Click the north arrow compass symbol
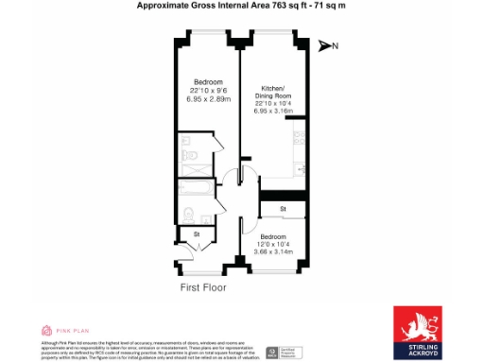click(x=326, y=45)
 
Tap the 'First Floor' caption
click(x=205, y=285)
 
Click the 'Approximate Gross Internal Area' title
click(x=241, y=6)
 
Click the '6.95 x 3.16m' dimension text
click(x=273, y=111)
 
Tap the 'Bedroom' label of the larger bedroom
click(x=208, y=81)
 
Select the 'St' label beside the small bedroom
click(x=282, y=208)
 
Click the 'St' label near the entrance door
click(x=197, y=233)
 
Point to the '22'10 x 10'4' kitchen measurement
click(x=273, y=103)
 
